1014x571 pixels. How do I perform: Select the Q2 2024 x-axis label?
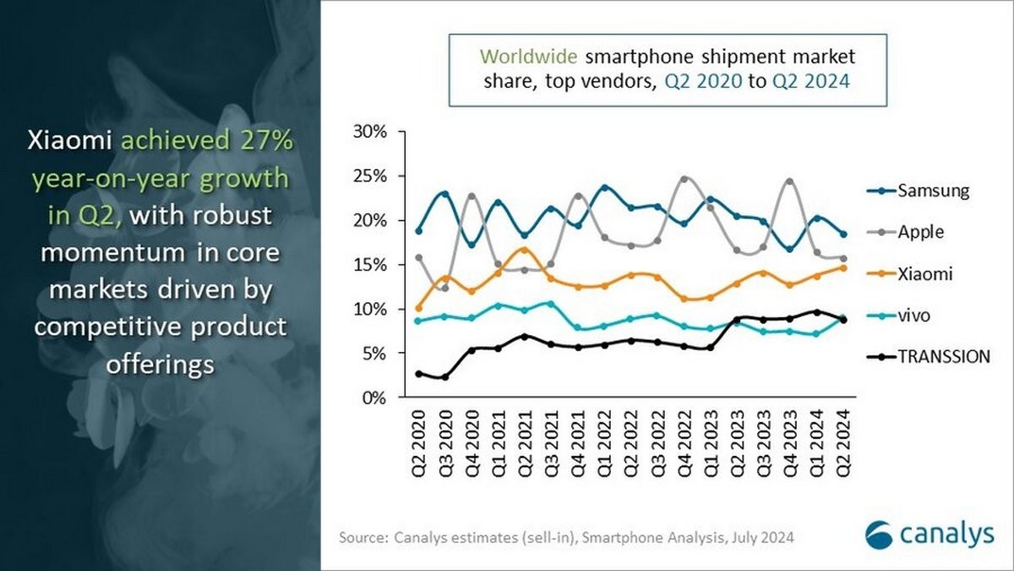click(x=842, y=442)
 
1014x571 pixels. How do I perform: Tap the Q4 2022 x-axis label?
click(x=684, y=442)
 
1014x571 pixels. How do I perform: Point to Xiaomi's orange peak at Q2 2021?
click(x=524, y=250)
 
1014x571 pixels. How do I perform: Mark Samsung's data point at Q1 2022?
click(x=604, y=188)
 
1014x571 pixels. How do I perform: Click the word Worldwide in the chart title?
click(x=528, y=57)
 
